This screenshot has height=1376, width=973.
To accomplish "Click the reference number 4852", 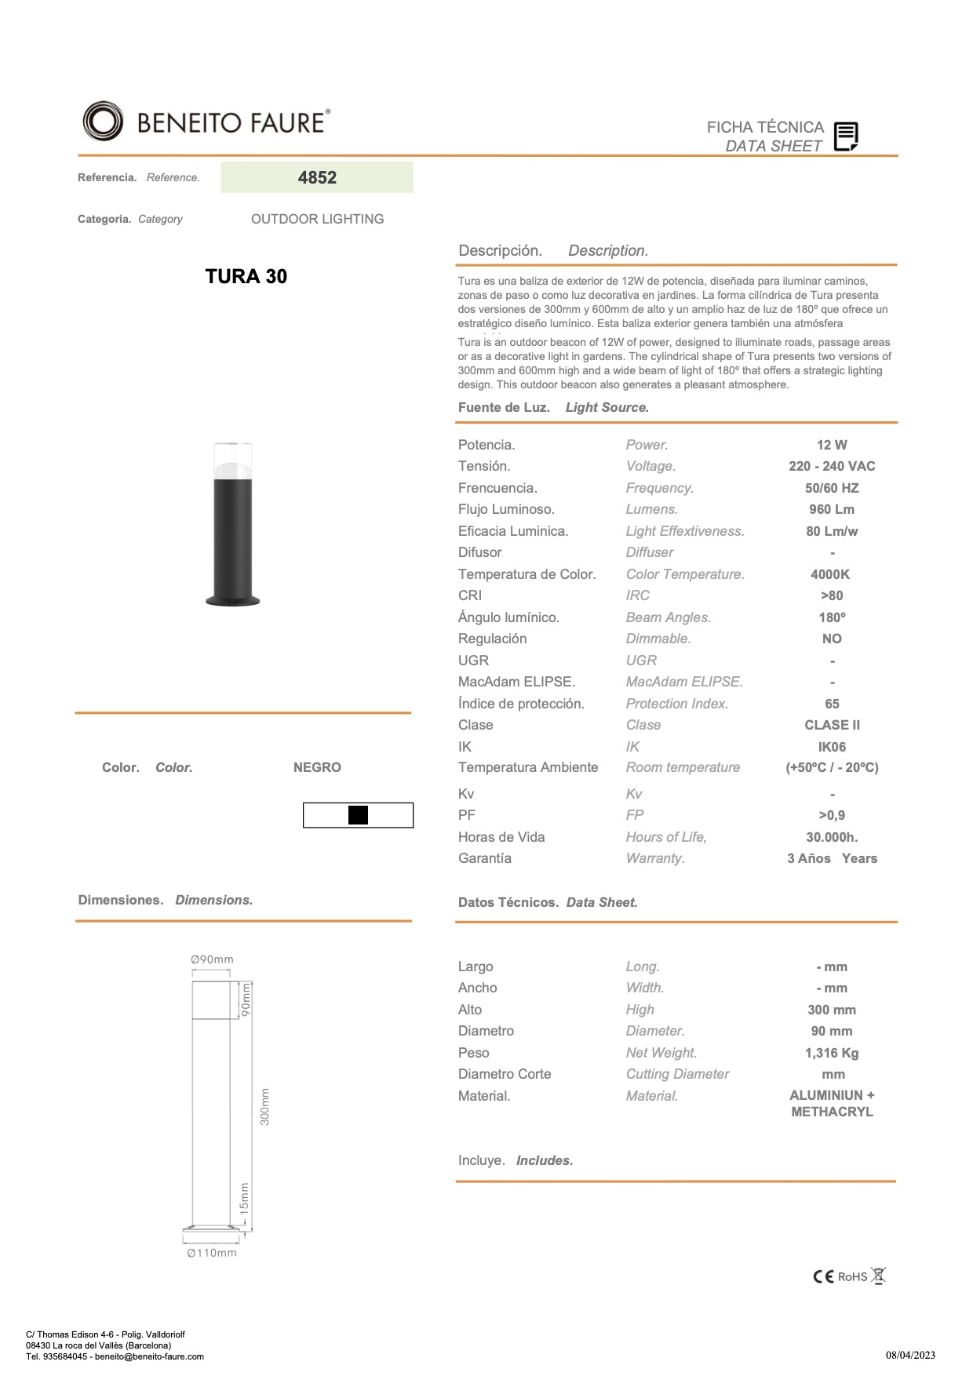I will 317,177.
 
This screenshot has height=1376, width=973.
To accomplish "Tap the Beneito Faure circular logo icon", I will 103,122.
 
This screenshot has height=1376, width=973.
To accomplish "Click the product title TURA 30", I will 246,276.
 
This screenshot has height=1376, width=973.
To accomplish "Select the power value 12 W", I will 832,445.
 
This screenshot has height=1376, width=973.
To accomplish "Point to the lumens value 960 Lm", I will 832,509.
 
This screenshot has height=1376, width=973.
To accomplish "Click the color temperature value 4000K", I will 830,574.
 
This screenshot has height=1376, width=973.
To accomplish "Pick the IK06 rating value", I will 832,747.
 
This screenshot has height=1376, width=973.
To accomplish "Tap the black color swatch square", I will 358,815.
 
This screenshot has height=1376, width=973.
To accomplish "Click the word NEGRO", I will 317,767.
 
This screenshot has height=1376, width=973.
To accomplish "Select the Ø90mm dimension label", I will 212,959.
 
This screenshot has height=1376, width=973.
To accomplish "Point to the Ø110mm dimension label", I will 212,1253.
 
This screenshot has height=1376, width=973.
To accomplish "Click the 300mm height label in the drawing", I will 265,1106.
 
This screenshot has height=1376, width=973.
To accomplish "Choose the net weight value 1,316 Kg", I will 832,1053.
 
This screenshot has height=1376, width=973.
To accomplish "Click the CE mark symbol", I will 823,1276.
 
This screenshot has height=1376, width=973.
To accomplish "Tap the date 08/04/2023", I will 910,1355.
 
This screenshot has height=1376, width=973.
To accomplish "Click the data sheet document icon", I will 845,137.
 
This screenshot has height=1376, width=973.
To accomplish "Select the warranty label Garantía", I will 485,858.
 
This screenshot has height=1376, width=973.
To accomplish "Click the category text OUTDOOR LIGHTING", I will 317,219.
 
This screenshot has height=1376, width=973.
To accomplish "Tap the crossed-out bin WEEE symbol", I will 879,1276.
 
